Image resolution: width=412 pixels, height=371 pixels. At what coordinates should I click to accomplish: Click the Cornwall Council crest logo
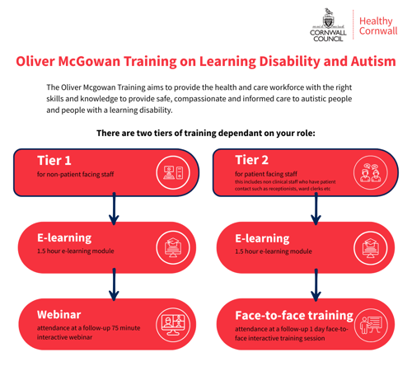tap(327, 23)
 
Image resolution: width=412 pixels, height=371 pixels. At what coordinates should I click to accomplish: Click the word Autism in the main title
tap(367, 62)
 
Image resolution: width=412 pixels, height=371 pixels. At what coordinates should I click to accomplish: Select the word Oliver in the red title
tap(39, 62)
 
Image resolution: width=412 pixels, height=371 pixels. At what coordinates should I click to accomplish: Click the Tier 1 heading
tap(54, 159)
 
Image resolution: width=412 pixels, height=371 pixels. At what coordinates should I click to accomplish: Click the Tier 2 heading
tap(251, 159)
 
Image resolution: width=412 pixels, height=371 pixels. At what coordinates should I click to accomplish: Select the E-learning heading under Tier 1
tap(64, 237)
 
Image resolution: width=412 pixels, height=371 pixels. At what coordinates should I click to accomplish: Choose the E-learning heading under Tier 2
tap(263, 237)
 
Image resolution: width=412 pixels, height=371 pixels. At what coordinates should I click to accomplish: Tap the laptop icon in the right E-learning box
tap(369, 247)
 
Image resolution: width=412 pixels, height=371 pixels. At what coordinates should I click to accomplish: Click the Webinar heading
tap(59, 314)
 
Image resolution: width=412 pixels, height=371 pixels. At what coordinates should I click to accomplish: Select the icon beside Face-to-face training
tap(369, 322)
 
